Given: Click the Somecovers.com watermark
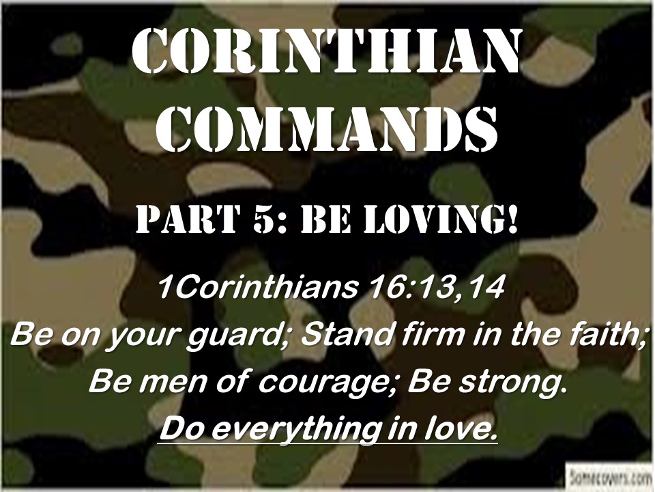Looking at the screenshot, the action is tap(609, 476).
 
